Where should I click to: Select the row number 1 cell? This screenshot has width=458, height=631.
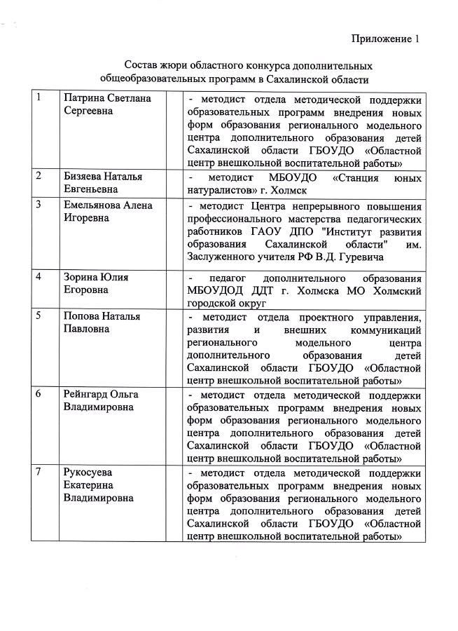[39, 97]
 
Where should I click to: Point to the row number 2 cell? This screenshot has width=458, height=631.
[39, 176]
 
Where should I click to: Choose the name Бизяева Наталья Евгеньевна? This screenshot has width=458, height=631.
[102, 183]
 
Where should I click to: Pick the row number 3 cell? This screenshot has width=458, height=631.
[39, 205]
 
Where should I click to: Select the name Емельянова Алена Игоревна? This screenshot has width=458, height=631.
[108, 212]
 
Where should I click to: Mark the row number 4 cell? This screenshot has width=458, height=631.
[39, 277]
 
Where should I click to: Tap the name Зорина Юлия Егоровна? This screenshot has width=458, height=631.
[96, 283]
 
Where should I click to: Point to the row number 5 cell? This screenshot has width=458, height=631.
[39, 315]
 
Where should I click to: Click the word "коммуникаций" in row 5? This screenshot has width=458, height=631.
[387, 330]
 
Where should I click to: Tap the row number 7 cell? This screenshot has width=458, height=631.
[39, 472]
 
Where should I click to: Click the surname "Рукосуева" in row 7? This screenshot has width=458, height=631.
[88, 472]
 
